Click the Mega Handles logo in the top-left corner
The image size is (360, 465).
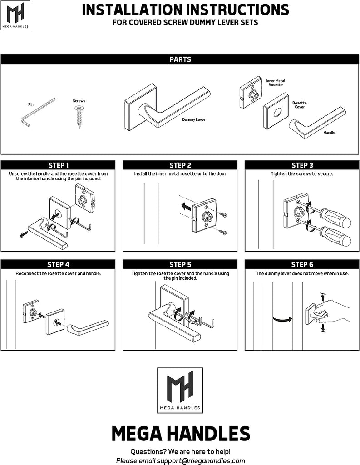[18, 15]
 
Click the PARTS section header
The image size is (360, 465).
[180, 59]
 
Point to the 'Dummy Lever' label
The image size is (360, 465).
[194, 120]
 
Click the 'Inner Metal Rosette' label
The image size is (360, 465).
[276, 83]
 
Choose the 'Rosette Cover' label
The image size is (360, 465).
[299, 105]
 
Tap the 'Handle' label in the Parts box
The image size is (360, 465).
[329, 133]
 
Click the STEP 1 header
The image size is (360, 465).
[59, 165]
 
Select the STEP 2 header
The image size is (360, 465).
[180, 165]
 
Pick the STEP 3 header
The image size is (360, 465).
[302, 165]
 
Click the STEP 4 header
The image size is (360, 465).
[59, 264]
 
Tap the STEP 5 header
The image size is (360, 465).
[180, 264]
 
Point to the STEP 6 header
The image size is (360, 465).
[302, 264]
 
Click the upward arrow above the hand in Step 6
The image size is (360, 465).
[322, 297]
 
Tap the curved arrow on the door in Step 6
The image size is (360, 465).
[281, 319]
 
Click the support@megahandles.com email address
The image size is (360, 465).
[201, 460]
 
